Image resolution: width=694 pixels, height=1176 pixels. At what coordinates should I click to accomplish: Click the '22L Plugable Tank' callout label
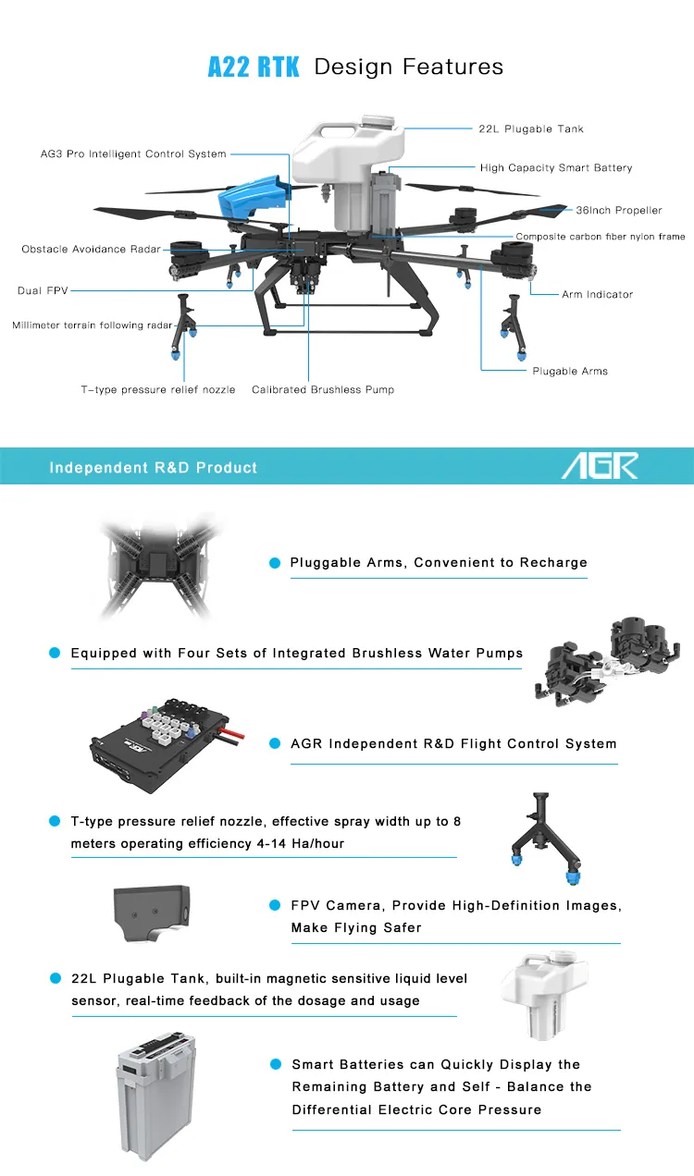(531, 129)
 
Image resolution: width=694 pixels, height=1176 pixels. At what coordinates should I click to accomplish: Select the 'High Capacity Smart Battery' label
(556, 168)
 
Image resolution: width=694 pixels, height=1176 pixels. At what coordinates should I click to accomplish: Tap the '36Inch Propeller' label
(619, 211)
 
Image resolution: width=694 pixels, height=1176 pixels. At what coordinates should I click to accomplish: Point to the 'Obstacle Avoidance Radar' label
(91, 250)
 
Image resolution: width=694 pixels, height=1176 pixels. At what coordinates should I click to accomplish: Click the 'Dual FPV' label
(43, 291)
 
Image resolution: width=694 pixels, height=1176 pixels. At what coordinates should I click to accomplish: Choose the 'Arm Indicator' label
(597, 295)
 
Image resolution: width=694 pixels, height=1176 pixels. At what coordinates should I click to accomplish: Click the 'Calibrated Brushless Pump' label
(323, 390)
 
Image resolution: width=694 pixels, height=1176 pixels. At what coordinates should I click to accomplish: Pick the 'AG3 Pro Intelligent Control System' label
(133, 154)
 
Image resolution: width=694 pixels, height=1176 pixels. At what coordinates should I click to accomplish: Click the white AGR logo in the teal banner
(600, 466)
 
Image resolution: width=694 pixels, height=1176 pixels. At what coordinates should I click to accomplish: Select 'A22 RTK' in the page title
(254, 67)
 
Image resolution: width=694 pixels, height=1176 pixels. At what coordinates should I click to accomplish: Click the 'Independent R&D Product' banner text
(154, 468)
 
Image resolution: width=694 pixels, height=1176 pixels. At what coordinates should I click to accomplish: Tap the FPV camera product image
(153, 910)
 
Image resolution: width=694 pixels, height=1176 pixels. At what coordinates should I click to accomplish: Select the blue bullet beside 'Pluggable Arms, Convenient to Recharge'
(275, 563)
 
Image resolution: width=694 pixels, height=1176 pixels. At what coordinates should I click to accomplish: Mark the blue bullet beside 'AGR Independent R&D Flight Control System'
(275, 743)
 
